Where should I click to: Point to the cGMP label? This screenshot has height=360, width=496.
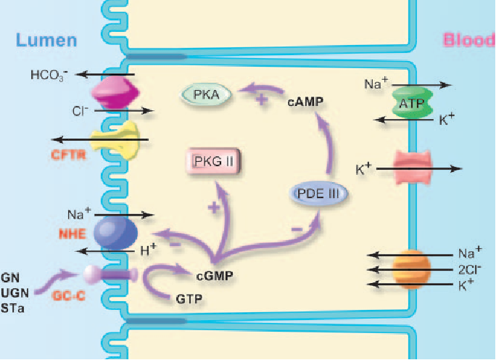tap(214, 276)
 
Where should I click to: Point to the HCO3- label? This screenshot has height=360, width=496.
tap(49, 75)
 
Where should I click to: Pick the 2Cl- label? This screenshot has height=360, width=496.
tap(470, 269)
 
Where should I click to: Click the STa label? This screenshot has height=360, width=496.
tap(12, 308)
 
